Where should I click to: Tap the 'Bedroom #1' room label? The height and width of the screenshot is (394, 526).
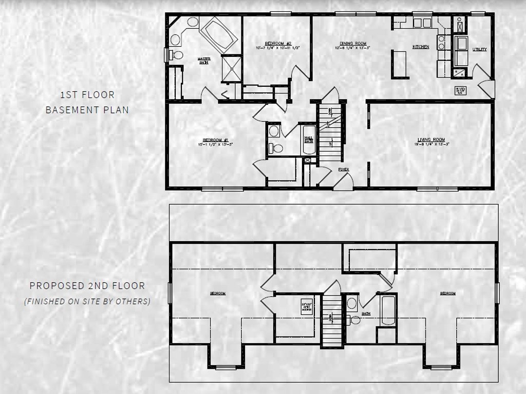coord(212,142)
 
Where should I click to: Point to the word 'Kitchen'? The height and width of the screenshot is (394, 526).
coord(421,47)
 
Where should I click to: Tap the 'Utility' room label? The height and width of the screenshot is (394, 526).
coord(479,50)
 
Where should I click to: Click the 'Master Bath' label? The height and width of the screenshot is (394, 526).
coord(204,61)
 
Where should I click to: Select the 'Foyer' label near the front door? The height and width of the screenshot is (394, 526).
coord(343,169)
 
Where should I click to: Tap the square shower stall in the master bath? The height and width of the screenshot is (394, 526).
coord(231,68)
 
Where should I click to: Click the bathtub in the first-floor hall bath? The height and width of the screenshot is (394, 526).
coord(309,140)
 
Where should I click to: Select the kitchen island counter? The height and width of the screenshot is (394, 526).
coord(400,64)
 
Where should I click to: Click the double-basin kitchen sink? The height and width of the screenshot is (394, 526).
coord(422,23)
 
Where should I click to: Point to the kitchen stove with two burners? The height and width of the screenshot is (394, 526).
coord(441,42)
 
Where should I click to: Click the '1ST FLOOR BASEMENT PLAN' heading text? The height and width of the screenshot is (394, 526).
coord(87,102)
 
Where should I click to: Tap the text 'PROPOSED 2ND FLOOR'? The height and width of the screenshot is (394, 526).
coord(87,286)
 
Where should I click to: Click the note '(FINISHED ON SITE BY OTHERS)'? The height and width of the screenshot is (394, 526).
coord(87,302)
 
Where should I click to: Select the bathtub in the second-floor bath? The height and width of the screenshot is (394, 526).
coord(387,310)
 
